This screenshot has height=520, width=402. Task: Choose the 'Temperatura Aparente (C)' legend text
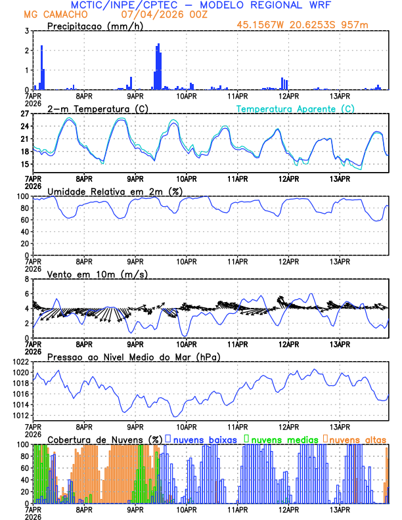point(295,109)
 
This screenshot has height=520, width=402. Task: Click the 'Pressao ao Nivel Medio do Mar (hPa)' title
point(133,357)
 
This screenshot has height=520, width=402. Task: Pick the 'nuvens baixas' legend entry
point(204,439)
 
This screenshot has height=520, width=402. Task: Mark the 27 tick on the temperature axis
point(24,114)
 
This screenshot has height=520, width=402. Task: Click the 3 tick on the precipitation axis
point(26,31)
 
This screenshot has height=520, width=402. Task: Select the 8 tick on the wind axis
point(26,279)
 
